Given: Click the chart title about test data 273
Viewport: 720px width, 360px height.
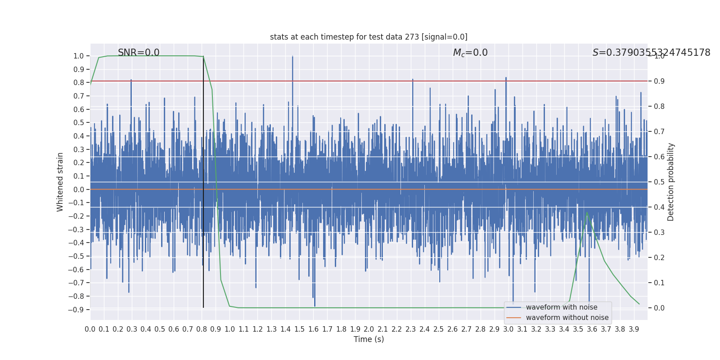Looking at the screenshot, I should click(369, 37).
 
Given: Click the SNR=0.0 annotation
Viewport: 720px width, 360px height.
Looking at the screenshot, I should click(139, 53).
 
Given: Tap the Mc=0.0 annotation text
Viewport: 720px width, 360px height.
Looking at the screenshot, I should click(470, 53).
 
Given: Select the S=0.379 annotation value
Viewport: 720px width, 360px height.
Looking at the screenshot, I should click(651, 53).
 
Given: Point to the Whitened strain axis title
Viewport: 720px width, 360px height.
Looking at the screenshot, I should click(60, 182).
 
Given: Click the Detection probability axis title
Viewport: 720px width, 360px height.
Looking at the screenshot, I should click(671, 182).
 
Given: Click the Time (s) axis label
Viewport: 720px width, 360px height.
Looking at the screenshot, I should click(369, 339).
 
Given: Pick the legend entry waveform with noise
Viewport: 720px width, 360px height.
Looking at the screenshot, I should click(562, 307).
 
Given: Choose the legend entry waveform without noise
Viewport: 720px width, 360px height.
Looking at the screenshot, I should click(567, 318).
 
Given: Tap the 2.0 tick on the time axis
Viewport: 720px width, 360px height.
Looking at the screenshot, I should click(369, 329).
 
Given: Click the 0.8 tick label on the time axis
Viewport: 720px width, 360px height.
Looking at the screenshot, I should click(202, 329).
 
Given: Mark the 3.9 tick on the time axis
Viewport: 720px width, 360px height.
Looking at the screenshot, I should click(634, 329).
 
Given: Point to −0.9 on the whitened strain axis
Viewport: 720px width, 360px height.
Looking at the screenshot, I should click(76, 310).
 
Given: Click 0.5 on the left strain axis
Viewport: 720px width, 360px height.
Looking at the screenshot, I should click(79, 123).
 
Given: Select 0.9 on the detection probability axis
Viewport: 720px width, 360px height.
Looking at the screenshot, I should click(659, 81).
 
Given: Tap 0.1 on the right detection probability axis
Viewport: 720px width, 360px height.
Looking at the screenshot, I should click(659, 283).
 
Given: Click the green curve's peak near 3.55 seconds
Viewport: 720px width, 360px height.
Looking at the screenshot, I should click(587, 212).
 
